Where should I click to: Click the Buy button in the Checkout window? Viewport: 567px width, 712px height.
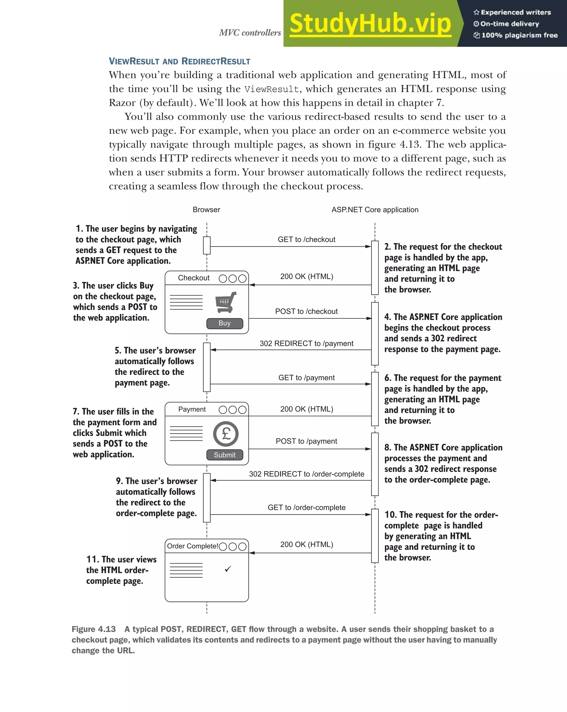pyautogui.click(x=225, y=323)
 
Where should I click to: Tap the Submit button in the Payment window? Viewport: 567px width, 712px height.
pyautogui.click(x=225, y=455)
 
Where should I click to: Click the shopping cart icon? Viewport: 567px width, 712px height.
pyautogui.click(x=226, y=302)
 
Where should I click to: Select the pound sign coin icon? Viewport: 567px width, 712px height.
pyautogui.click(x=226, y=434)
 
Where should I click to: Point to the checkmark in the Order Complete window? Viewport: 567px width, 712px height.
pyautogui.click(x=228, y=569)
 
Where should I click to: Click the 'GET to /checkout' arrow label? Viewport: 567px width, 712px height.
pyautogui.click(x=306, y=239)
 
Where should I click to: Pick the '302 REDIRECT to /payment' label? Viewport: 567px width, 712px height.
pyautogui.click(x=306, y=343)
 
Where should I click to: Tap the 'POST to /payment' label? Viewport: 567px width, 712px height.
pyautogui.click(x=306, y=441)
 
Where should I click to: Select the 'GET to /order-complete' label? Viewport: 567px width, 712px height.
pyautogui.click(x=306, y=507)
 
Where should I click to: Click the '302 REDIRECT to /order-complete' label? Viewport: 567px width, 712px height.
pyautogui.click(x=306, y=474)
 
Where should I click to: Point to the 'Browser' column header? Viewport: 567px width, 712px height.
pyautogui.click(x=207, y=210)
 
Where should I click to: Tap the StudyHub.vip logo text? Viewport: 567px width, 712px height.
pyautogui.click(x=370, y=24)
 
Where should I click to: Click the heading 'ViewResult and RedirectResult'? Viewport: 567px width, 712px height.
pyautogui.click(x=179, y=62)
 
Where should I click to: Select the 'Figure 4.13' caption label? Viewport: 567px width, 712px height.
pyautogui.click(x=94, y=629)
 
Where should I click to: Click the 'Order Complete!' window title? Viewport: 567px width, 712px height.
pyautogui.click(x=192, y=546)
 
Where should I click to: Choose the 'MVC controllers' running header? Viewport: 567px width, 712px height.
pyautogui.click(x=250, y=33)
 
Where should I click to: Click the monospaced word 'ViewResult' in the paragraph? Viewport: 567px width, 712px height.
pyautogui.click(x=272, y=89)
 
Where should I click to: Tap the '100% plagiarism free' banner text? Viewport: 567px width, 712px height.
pyautogui.click(x=519, y=35)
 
